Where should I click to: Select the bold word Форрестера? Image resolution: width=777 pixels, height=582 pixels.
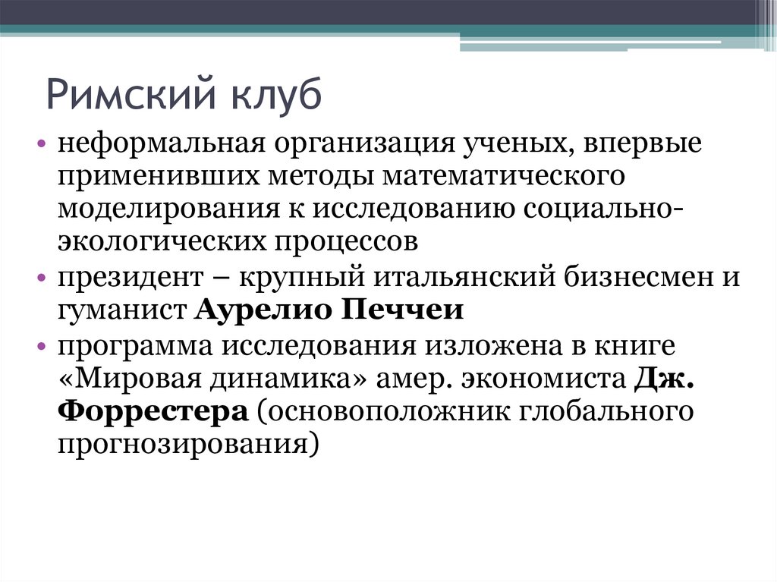coord(153,411)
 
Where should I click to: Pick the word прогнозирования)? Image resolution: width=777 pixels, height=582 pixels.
coord(186,444)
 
